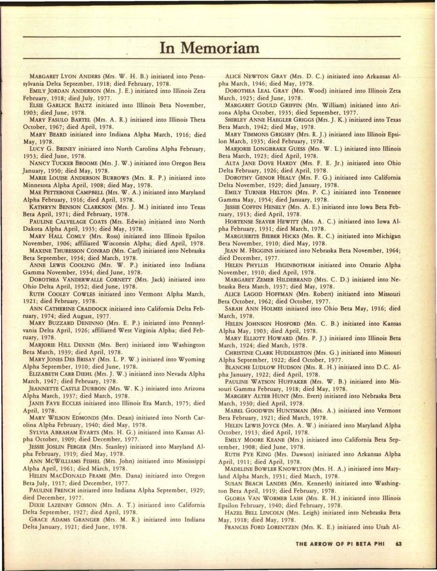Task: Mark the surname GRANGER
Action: [84, 519]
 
